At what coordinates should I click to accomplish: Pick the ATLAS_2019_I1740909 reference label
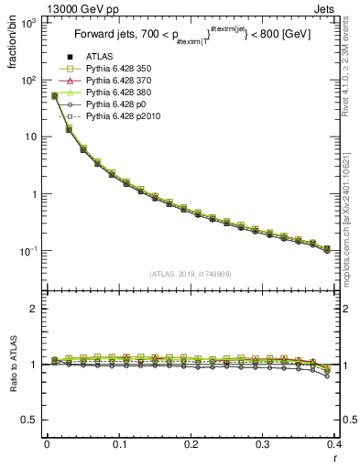click(191, 274)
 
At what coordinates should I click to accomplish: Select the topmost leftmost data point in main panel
click(54, 95)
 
